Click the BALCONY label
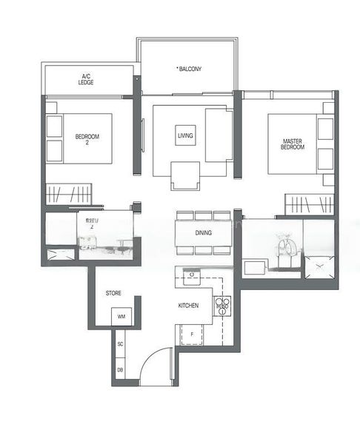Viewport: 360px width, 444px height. pos(190,70)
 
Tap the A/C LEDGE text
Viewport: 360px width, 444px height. pos(87,79)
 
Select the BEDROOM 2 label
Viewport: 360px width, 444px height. pos(87,139)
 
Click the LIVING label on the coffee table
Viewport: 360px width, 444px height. pos(185,135)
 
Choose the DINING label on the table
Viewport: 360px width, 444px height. pos(204,233)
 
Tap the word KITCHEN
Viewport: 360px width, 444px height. pos(188,305)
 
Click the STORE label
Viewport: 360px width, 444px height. pos(113,294)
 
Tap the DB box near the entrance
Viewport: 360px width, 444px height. pos(120,369)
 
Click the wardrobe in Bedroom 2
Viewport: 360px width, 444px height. pos(67,195)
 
